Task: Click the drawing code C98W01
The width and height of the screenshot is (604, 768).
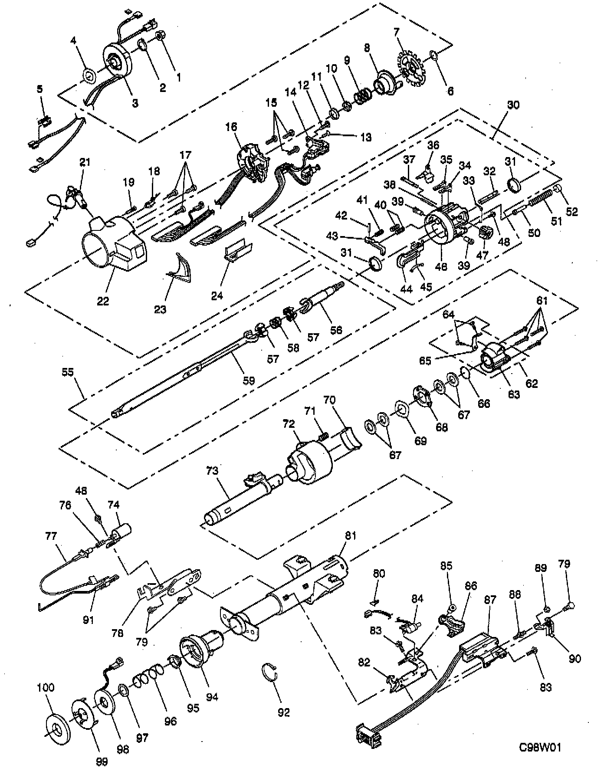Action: coord(540,747)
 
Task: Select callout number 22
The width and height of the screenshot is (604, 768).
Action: coord(103,300)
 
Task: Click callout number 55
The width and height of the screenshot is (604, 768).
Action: coord(68,372)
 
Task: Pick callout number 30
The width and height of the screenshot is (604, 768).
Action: coord(513,105)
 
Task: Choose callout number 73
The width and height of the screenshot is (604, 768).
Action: coord(213,470)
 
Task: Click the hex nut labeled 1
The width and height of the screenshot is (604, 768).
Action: coord(158,36)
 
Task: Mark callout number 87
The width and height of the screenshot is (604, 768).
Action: coord(490,599)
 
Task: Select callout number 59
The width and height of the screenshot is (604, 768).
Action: coord(248,381)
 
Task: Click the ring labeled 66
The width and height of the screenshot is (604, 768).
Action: coord(465,372)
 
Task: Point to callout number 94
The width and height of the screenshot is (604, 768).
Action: coord(212,697)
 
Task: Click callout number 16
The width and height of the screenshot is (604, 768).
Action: coord(231,127)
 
